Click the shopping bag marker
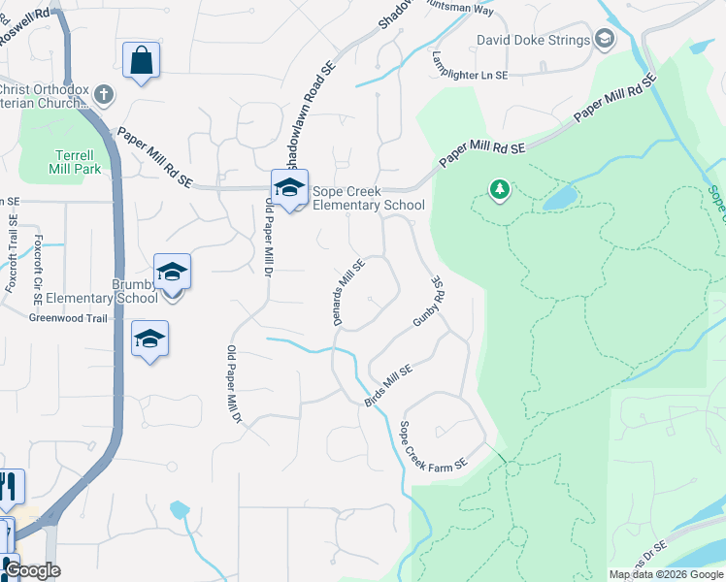[x=141, y=60]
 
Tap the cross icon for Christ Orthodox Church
[x=104, y=95]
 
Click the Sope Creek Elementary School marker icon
[x=288, y=188]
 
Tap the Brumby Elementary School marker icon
[x=172, y=273]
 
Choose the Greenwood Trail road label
[x=67, y=317]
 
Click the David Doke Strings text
[x=533, y=40]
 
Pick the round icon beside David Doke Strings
[x=605, y=39]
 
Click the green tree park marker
[x=500, y=188]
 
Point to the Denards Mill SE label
[x=349, y=291]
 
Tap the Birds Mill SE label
[x=388, y=384]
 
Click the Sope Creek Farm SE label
[x=434, y=448]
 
